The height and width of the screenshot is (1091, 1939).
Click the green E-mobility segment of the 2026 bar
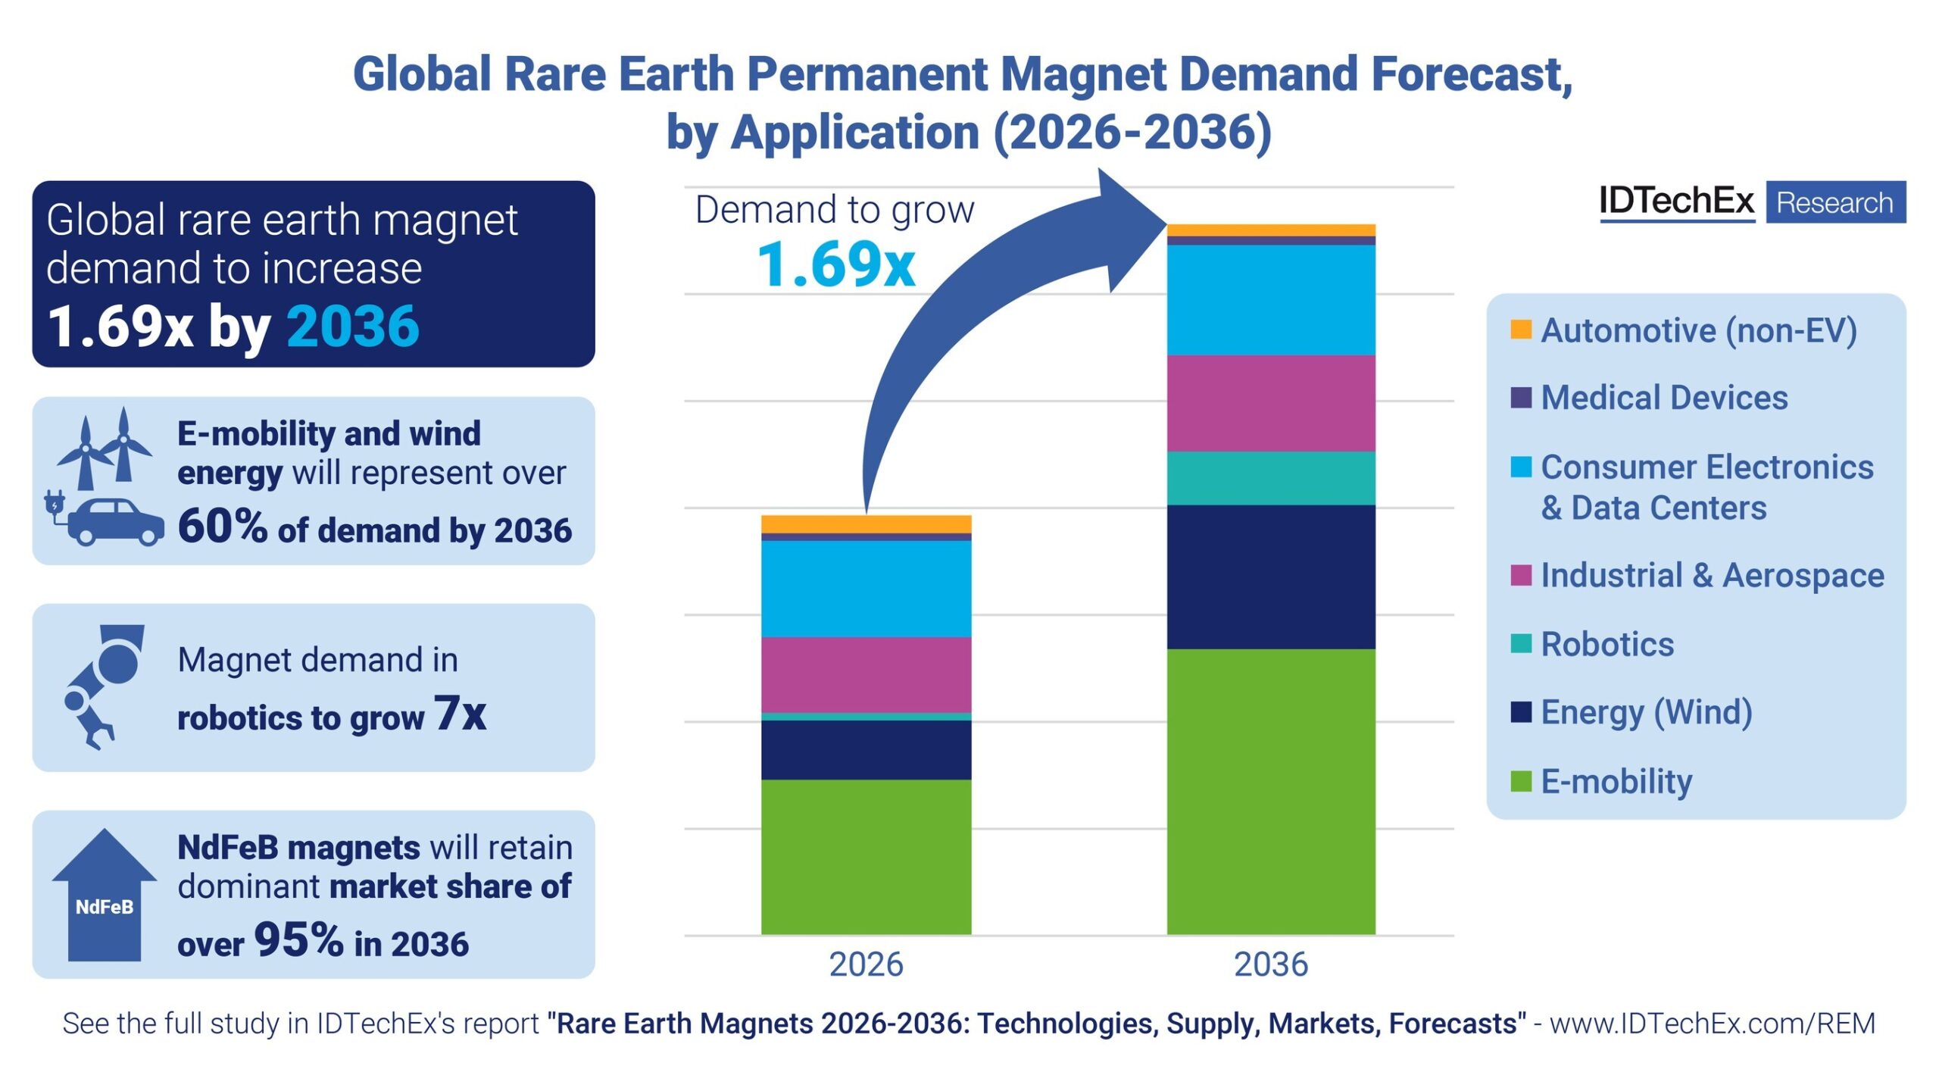point(866,856)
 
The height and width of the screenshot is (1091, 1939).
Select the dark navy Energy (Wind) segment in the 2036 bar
point(1270,577)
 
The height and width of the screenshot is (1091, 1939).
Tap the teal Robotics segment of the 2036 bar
point(1270,478)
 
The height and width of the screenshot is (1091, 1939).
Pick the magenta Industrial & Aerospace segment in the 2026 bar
point(866,674)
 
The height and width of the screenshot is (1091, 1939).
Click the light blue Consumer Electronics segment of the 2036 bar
point(1270,300)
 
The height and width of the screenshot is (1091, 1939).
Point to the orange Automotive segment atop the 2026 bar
point(866,524)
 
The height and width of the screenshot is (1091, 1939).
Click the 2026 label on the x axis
point(866,964)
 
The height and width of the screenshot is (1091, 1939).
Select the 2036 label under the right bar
point(1270,964)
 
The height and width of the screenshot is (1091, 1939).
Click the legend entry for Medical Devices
point(1663,398)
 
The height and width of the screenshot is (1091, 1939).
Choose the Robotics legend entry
point(1606,645)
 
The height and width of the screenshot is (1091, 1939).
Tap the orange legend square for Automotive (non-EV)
point(1520,330)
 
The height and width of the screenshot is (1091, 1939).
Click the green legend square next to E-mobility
point(1520,781)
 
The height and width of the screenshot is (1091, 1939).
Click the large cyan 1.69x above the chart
point(836,265)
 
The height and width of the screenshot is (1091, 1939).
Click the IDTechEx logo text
point(1675,202)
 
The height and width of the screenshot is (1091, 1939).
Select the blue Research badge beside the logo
point(1834,202)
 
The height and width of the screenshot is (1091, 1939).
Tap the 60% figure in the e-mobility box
point(222,526)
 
